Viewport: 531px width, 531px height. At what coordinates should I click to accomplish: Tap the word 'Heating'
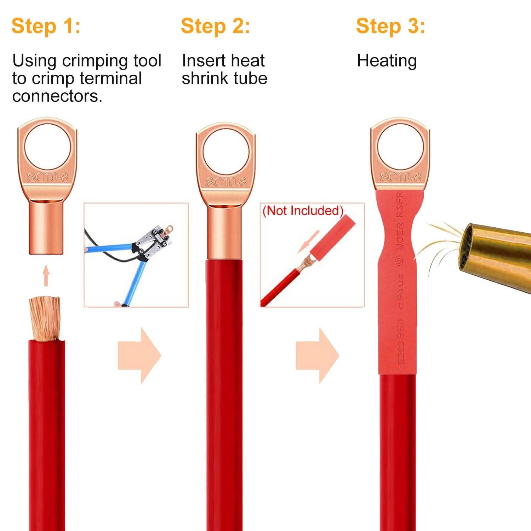pos(387,61)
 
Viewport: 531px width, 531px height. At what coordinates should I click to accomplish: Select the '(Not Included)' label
pos(303,211)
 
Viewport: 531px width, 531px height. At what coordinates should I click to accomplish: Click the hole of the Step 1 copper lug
pos(47,146)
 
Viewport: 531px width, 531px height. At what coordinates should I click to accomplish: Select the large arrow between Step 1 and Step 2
pos(140,355)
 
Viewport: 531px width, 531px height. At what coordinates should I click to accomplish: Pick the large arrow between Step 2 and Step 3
pos(318,355)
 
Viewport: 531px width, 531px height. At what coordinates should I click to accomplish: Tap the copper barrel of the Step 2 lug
pos(225,232)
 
